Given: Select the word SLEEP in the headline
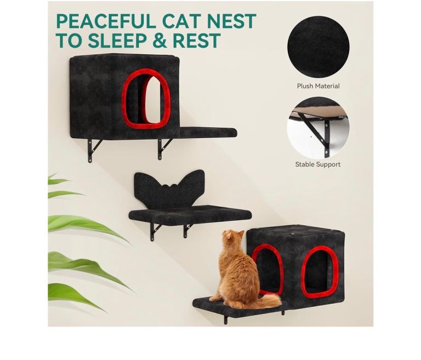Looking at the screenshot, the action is [x=117, y=41].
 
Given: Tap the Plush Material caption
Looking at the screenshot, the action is [x=318, y=86].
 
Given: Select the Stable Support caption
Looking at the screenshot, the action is [x=318, y=164].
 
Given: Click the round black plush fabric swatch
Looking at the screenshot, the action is [x=318, y=47].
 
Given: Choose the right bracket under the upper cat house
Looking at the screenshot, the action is [x=163, y=148].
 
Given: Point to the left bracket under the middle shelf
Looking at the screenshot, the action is [x=155, y=232].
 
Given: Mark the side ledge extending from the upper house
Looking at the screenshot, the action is [x=208, y=133].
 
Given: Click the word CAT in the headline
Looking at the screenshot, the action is [x=179, y=21].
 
